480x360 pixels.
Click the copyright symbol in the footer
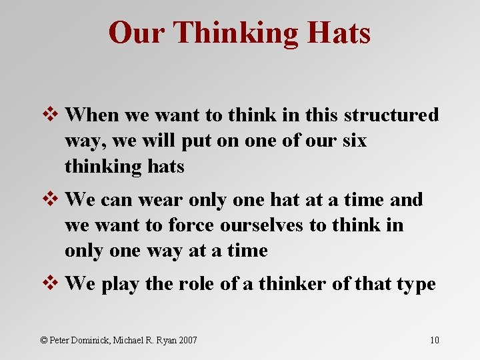pos(45,340)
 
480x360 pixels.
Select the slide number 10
pos(434,341)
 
